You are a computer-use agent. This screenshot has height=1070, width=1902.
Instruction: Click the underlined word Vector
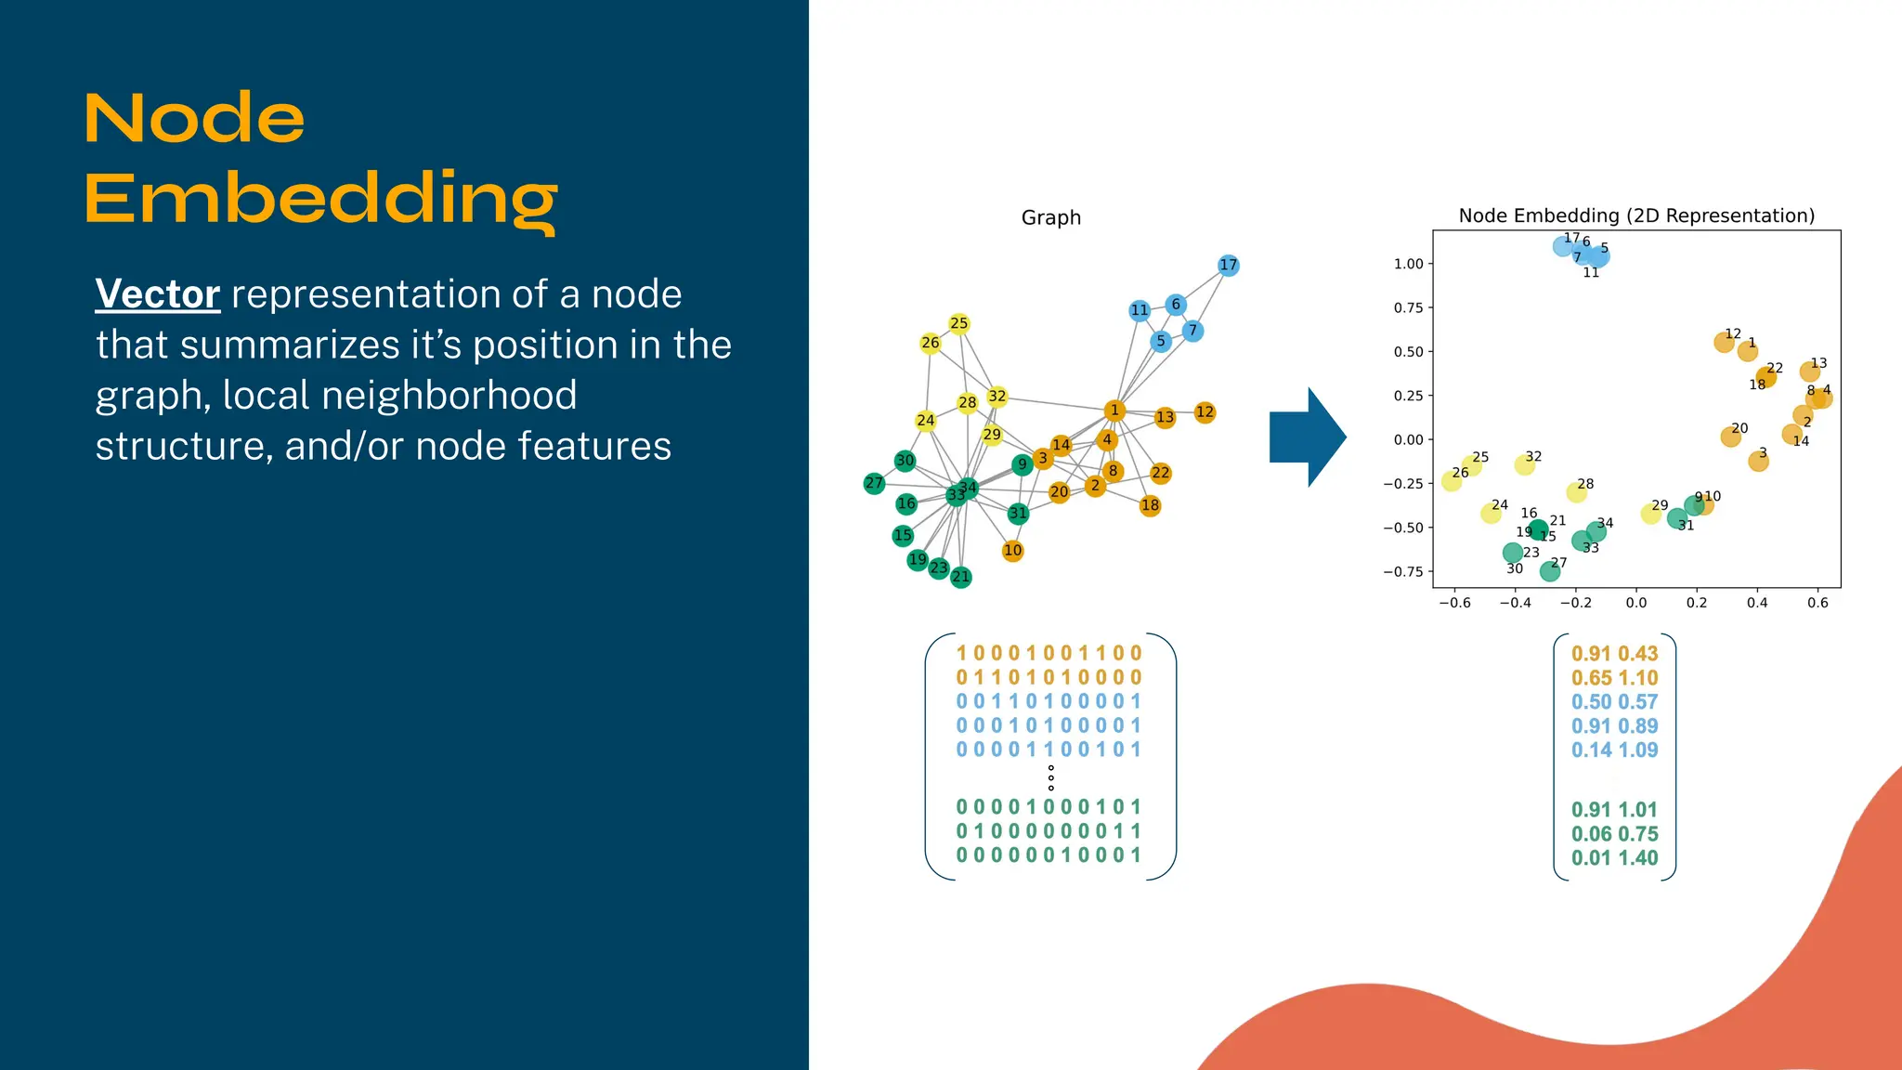click(157, 294)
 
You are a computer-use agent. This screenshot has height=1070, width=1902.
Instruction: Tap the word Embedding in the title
click(320, 199)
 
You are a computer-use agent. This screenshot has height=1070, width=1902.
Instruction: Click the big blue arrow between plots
click(1307, 437)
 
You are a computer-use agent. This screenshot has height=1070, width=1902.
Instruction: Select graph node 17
click(1228, 266)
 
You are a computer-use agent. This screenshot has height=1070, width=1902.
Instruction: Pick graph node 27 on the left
click(874, 483)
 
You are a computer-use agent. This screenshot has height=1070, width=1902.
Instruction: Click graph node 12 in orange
click(1205, 412)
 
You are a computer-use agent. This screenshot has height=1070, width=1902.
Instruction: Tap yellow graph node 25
click(959, 323)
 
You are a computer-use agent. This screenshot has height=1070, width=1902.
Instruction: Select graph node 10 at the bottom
click(1012, 551)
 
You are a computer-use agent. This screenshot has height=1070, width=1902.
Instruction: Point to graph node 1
click(1114, 411)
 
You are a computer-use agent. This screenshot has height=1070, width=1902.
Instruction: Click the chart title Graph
click(1050, 217)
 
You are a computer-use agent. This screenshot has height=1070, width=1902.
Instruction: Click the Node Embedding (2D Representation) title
click(1636, 215)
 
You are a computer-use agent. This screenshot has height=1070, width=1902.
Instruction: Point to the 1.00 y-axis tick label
click(1408, 264)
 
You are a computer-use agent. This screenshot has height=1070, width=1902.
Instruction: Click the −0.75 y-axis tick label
click(1403, 571)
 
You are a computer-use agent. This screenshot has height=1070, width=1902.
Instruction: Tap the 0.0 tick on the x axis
click(1635, 603)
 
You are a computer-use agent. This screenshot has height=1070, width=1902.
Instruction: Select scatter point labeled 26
click(1452, 480)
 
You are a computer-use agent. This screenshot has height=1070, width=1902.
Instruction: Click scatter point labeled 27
click(1550, 571)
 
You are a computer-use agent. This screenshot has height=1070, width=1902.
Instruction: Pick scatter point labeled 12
click(1724, 342)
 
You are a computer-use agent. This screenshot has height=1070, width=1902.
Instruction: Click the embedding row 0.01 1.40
click(1614, 858)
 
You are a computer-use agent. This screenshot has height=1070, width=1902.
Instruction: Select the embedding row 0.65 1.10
click(1614, 678)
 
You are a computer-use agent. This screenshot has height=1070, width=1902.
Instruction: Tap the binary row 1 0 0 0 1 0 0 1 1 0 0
click(1049, 654)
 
